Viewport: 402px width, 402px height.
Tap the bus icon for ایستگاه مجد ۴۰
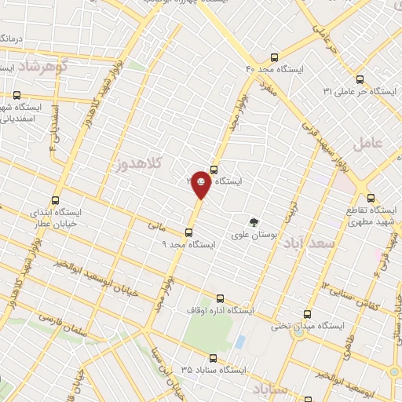(274, 57)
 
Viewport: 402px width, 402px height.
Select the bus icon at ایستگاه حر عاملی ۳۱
(360, 79)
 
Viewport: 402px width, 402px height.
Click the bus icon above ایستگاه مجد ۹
(188, 232)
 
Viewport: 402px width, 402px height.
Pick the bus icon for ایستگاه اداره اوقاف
(220, 298)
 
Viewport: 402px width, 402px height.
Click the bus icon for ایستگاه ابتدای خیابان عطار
(55, 200)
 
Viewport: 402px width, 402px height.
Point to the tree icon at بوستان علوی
(254, 222)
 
